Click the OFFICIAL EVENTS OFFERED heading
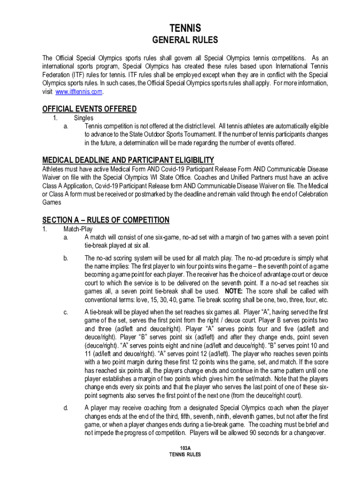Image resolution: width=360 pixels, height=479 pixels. pyautogui.click(x=89, y=109)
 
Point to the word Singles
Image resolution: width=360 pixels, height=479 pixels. pyautogui.click(x=83, y=118)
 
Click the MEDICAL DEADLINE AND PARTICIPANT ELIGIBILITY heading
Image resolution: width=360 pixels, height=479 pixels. pyautogui.click(x=128, y=160)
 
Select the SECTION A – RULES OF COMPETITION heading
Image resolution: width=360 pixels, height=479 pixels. pyautogui.click(x=106, y=220)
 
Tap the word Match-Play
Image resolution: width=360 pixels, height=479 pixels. pyautogui.click(x=78, y=229)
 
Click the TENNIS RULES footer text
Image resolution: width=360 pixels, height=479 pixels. pyautogui.click(x=185, y=455)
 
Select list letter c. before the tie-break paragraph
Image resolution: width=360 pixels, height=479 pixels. pyautogui.click(x=65, y=312)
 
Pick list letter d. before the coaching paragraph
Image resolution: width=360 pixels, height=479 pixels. pyautogui.click(x=65, y=408)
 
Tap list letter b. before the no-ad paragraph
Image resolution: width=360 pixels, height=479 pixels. pyautogui.click(x=65, y=258)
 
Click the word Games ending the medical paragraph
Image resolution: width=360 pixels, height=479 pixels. pyautogui.click(x=51, y=203)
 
